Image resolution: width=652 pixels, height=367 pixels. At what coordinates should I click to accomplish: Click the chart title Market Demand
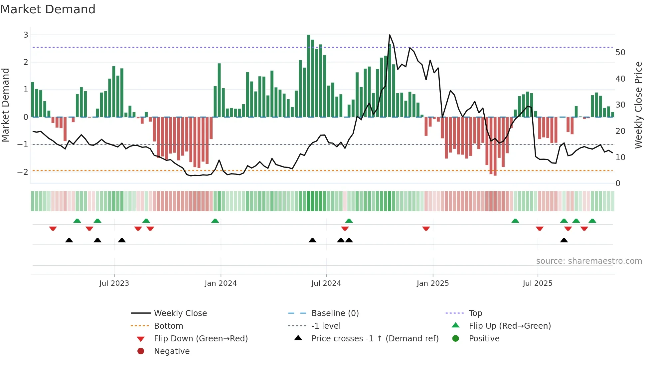(x=48, y=9)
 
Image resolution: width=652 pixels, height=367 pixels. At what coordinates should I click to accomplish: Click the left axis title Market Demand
(x=5, y=105)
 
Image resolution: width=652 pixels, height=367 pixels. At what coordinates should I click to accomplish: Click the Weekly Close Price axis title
(x=638, y=105)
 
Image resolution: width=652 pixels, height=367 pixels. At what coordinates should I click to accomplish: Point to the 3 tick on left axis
(x=26, y=35)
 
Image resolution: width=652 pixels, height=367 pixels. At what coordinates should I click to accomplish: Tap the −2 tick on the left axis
(x=23, y=172)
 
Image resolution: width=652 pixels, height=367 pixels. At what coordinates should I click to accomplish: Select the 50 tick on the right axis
(x=620, y=53)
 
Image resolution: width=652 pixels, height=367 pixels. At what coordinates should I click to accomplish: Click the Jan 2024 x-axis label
(x=221, y=283)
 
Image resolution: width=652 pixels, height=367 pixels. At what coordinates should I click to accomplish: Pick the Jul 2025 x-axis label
(x=537, y=283)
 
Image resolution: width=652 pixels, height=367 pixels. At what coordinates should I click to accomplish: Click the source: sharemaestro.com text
(x=589, y=261)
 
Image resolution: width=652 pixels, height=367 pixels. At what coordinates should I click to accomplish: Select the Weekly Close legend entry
(x=180, y=313)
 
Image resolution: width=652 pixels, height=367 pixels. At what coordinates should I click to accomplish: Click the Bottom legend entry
(x=168, y=326)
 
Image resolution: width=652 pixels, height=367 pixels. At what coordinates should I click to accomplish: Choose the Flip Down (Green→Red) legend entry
(x=201, y=339)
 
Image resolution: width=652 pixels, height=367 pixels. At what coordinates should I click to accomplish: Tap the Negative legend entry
(x=172, y=351)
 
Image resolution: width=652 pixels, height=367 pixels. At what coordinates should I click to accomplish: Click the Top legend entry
(x=475, y=313)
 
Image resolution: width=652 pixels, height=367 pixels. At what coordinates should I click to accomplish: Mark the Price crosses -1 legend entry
(x=375, y=339)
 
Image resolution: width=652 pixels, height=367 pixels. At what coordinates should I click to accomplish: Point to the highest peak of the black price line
(x=390, y=35)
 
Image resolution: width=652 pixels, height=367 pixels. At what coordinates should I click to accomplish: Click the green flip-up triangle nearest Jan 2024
(x=215, y=221)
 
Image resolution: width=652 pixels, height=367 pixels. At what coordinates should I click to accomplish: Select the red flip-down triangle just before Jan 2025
(x=426, y=228)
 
